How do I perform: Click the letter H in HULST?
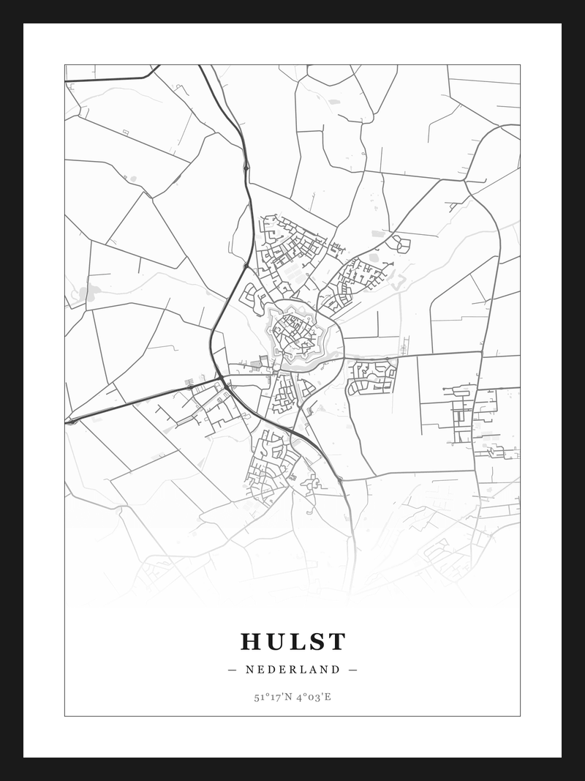point(252,642)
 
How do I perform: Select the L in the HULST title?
point(296,642)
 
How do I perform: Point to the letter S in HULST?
point(316,642)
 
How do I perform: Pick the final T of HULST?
point(336,642)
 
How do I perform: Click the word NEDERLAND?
point(292,670)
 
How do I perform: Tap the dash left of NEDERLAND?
point(233,670)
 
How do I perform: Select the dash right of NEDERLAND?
point(353,670)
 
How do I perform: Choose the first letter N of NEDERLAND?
point(249,670)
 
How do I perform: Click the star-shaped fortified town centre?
point(295,336)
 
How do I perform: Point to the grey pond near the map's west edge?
point(86,294)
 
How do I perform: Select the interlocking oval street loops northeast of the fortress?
point(400,243)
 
